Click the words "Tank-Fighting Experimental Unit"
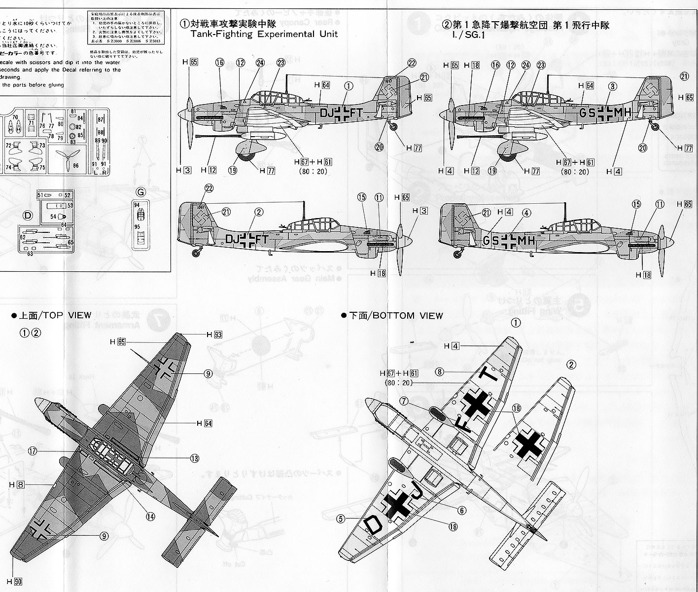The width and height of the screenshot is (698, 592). pyautogui.click(x=261, y=34)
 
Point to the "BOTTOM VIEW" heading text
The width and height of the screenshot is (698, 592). pyautogui.click(x=402, y=315)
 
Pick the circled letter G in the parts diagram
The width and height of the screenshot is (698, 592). pyautogui.click(x=140, y=190)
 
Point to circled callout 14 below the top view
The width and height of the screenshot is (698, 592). pyautogui.click(x=150, y=517)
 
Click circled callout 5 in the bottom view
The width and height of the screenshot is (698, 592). pyautogui.click(x=341, y=518)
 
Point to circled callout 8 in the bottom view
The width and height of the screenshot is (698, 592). pyautogui.click(x=440, y=371)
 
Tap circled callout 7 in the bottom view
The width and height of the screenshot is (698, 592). pyautogui.click(x=405, y=402)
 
